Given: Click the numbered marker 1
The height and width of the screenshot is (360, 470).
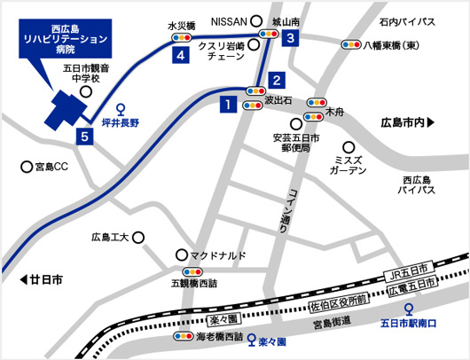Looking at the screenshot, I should click(228, 106).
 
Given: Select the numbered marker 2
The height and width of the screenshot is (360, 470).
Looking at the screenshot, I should click(277, 78).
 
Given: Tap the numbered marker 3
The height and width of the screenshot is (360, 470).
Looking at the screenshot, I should click(290, 38).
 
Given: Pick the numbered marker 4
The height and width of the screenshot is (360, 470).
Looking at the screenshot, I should click(181, 55).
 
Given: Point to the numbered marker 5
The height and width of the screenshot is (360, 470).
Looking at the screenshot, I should click(84, 137).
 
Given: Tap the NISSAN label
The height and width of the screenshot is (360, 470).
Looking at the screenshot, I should click(229, 20).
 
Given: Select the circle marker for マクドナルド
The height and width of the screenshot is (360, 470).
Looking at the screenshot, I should click(182, 253).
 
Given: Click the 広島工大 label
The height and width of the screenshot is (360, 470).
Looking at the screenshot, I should click(111, 238).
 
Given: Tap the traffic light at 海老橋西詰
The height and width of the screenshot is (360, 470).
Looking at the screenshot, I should click(184, 337).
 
